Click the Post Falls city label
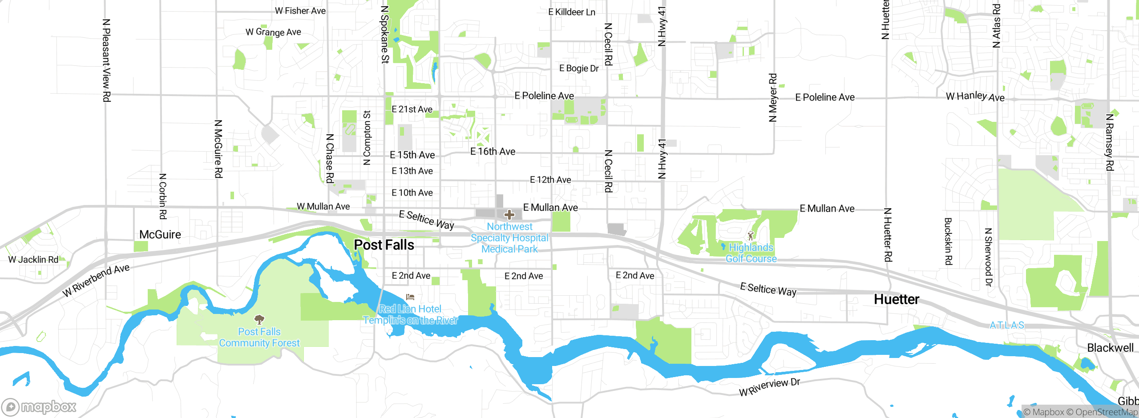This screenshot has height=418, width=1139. pyautogui.click(x=384, y=245)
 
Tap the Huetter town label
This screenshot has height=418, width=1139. pyautogui.click(x=896, y=299)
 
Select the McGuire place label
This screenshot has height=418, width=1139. pyautogui.click(x=160, y=234)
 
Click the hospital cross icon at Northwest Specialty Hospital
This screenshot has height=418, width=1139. pyautogui.click(x=509, y=215)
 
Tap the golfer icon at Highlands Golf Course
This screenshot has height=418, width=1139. pyautogui.click(x=751, y=236)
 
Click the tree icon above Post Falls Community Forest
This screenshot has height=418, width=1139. pyautogui.click(x=259, y=319)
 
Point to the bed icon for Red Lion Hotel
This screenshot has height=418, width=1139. pyautogui.click(x=410, y=297)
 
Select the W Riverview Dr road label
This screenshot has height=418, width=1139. pyautogui.click(x=769, y=387)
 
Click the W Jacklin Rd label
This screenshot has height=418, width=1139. pyautogui.click(x=33, y=259)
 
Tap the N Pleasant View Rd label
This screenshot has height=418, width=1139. pyautogui.click(x=106, y=60)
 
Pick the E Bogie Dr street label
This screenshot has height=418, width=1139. pyautogui.click(x=579, y=68)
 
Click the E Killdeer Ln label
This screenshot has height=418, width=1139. pyautogui.click(x=572, y=12)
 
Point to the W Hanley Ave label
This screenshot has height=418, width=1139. pyautogui.click(x=975, y=96)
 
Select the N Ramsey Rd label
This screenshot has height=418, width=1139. pyautogui.click(x=1110, y=142)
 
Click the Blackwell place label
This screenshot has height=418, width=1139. pyautogui.click(x=1110, y=348)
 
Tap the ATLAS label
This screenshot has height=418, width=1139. pyautogui.click(x=1007, y=325)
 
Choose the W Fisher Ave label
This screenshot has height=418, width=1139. pyautogui.click(x=300, y=11)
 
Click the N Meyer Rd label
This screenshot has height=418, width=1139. pyautogui.click(x=773, y=98)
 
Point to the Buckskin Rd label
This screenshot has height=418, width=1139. pyautogui.click(x=948, y=241)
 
